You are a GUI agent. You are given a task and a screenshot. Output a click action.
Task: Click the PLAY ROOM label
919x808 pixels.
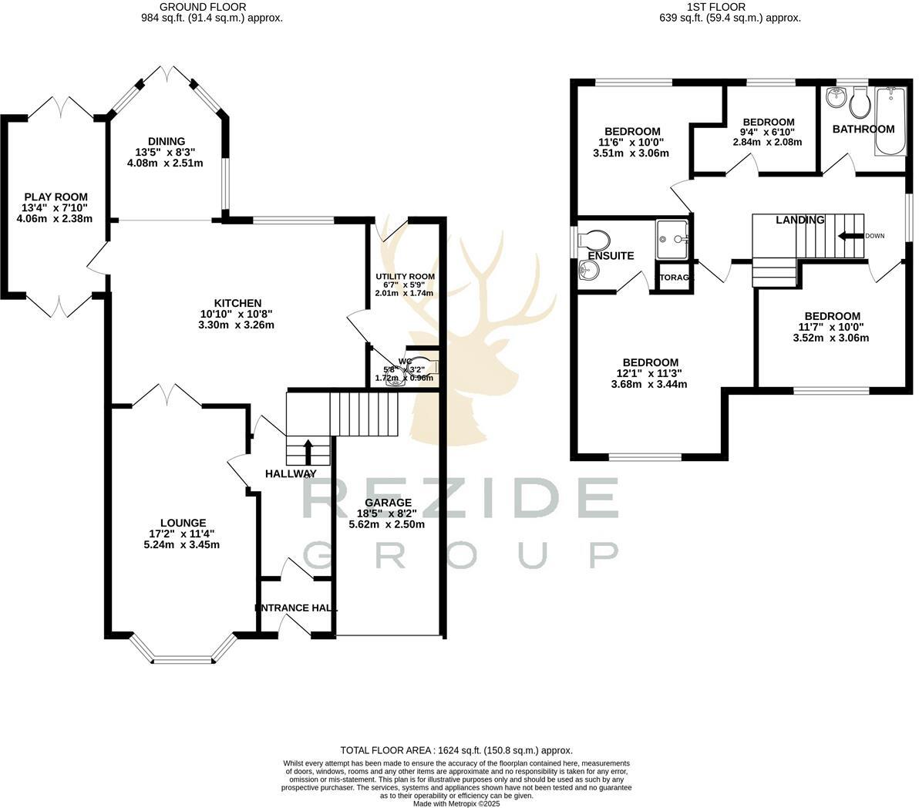[x=55, y=197]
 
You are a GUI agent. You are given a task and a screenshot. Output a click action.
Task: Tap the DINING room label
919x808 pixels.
[x=167, y=141]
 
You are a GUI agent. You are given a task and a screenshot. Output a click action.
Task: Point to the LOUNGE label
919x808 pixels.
[x=183, y=523]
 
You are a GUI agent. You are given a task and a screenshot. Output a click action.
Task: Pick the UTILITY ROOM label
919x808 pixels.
[x=405, y=276]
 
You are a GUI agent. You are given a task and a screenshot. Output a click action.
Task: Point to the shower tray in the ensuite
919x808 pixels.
[x=672, y=237]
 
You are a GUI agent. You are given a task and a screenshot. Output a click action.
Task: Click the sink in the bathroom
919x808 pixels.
[x=833, y=98]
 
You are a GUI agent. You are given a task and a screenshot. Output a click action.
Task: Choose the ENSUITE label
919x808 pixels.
[x=611, y=255]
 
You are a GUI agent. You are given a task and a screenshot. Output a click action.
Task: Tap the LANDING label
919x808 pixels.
[x=799, y=220]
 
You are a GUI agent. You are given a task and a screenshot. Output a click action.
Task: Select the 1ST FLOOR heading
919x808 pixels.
[x=729, y=7]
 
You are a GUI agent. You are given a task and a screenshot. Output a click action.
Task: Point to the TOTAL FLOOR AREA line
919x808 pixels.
[x=456, y=749]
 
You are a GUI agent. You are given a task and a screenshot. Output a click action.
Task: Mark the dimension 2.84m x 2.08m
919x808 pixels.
[x=767, y=142]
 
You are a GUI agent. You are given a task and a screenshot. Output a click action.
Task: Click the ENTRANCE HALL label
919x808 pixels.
[x=296, y=608]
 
